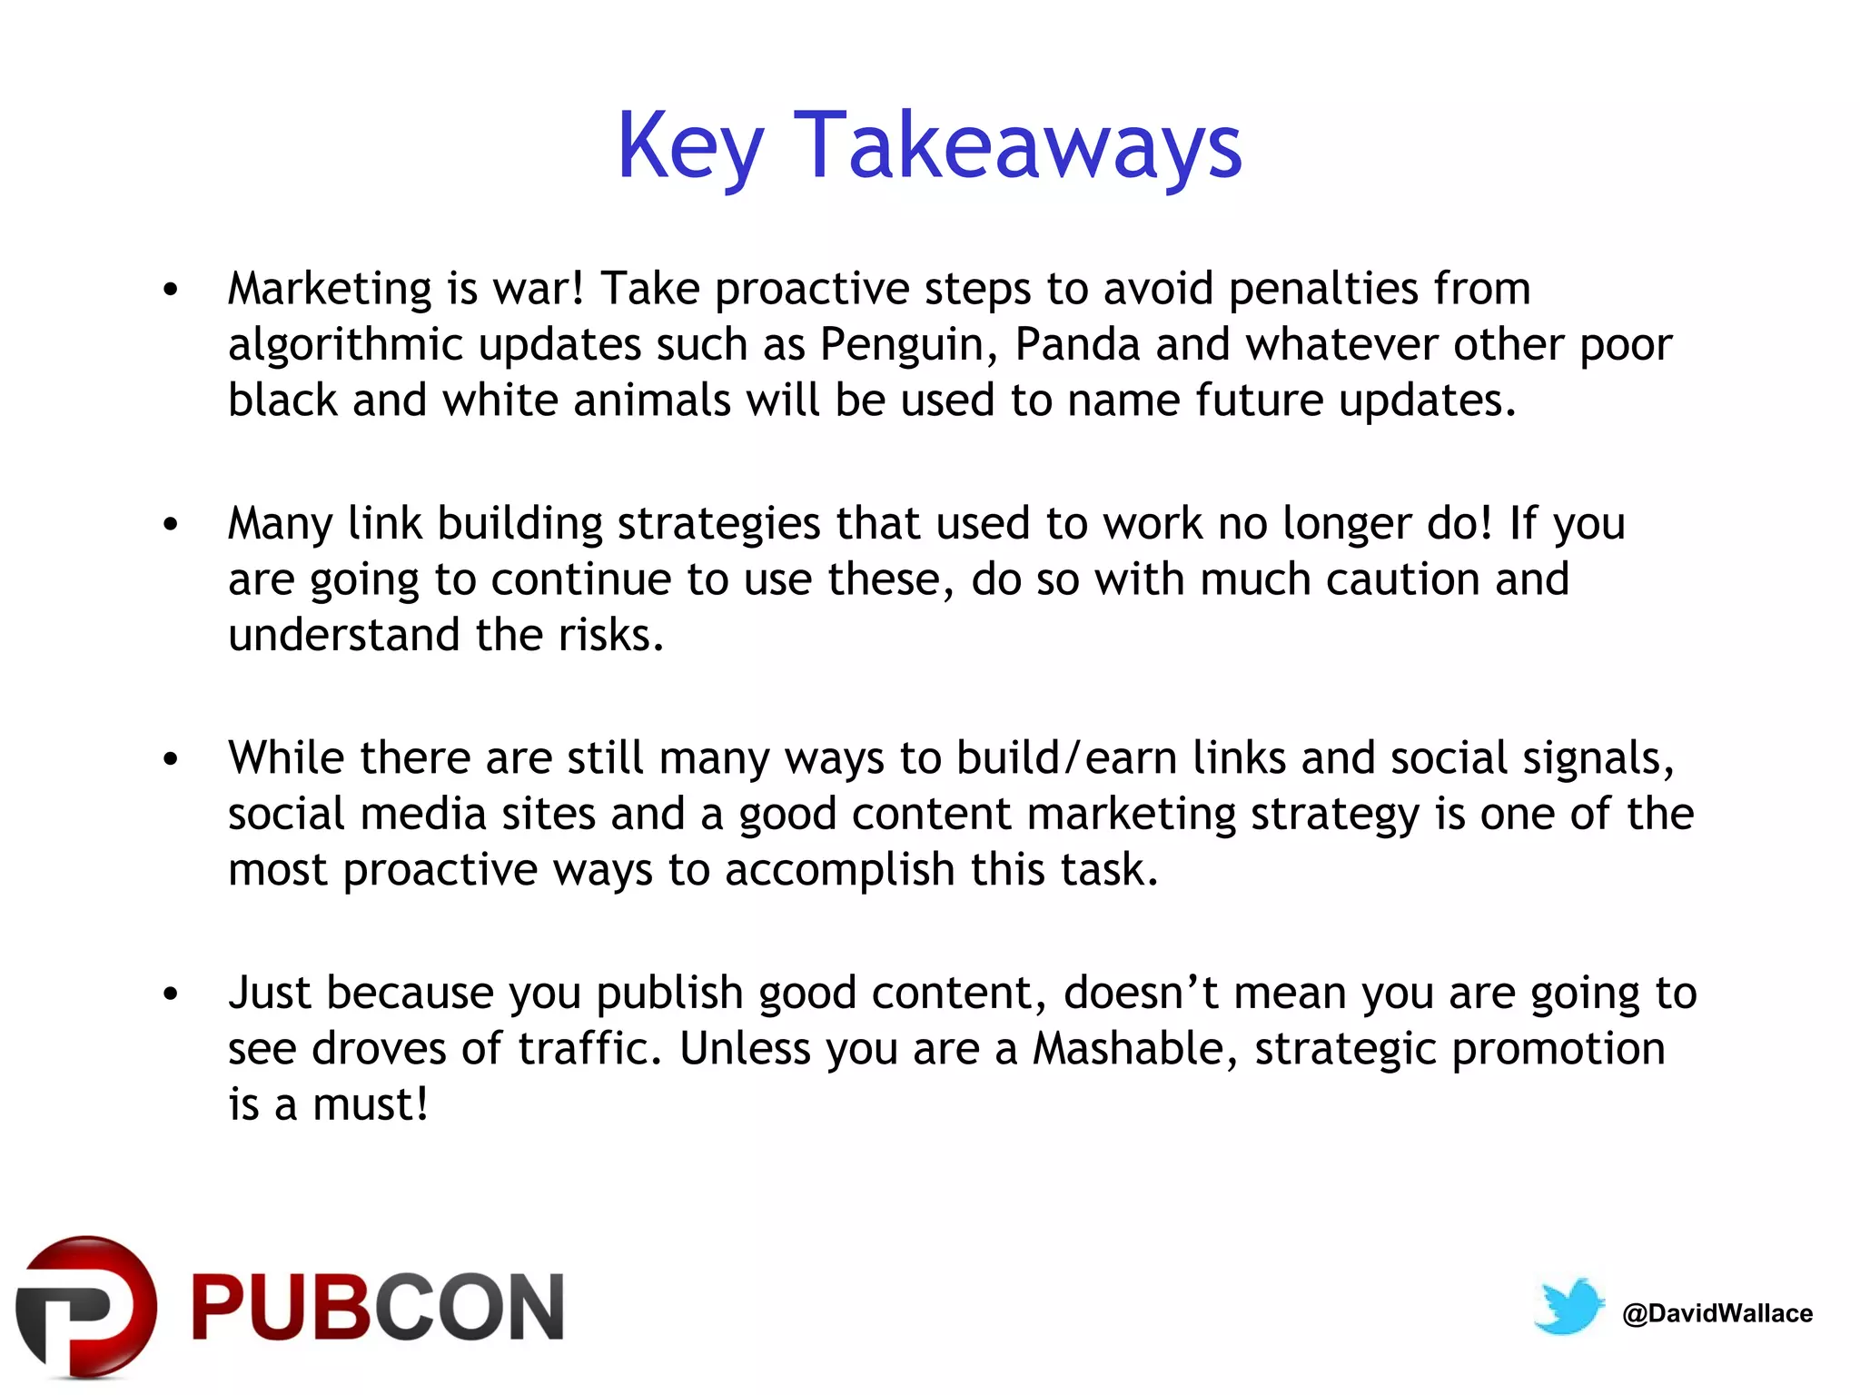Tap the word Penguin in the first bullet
coord(902,345)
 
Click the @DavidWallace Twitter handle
coord(1717,1313)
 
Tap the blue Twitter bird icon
coord(1568,1306)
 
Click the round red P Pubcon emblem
coord(86,1306)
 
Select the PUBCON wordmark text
coord(377,1308)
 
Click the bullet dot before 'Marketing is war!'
coord(171,291)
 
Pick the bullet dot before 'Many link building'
coord(171,525)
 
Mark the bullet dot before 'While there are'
coord(171,759)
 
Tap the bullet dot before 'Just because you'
coord(171,994)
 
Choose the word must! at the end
coord(370,1105)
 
